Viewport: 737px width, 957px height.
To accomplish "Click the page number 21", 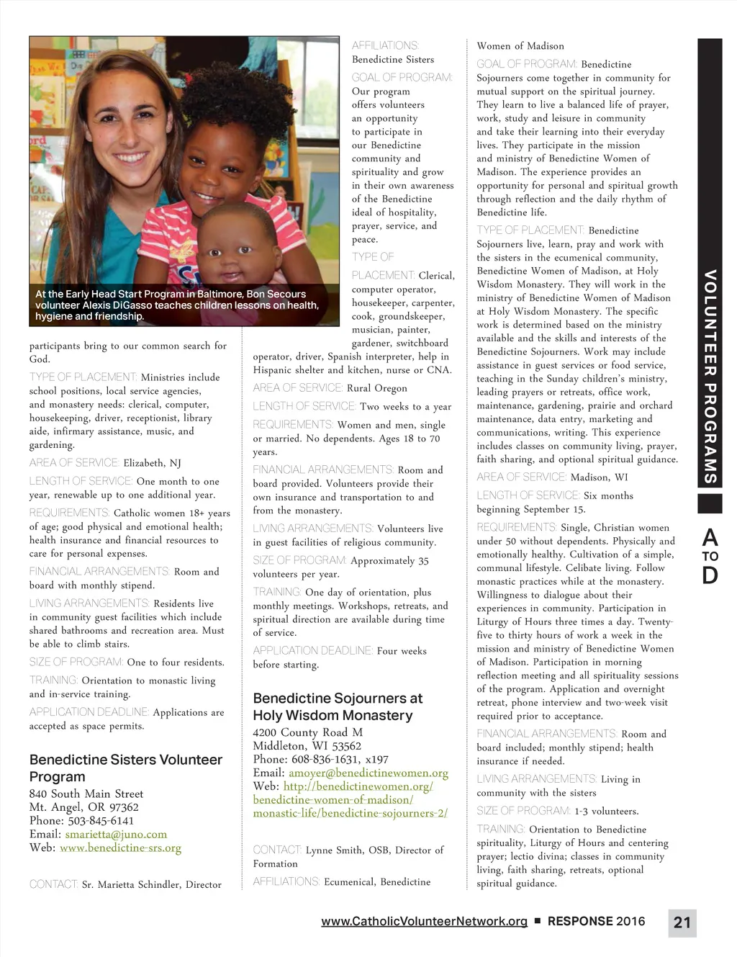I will pyautogui.click(x=682, y=922).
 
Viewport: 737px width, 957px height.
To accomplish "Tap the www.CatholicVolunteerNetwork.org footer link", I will pyautogui.click(x=424, y=921).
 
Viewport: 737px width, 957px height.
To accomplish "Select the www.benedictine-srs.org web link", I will pyautogui.click(x=120, y=848).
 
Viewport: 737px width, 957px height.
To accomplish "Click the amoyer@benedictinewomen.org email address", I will pyautogui.click(x=368, y=773).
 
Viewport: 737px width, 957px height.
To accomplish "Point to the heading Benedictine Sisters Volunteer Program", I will pyautogui.click(x=125, y=768).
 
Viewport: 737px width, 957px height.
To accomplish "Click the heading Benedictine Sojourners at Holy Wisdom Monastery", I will pyautogui.click(x=338, y=706).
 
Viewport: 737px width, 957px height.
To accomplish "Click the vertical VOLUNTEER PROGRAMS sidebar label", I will pyautogui.click(x=710, y=377).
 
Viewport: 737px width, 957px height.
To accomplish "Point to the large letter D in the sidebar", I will pyautogui.click(x=710, y=576).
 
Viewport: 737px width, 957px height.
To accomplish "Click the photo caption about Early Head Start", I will pyautogui.click(x=176, y=305).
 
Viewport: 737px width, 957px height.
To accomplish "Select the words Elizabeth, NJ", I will pyautogui.click(x=152, y=463).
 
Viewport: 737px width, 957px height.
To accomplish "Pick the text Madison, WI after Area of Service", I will pyautogui.click(x=599, y=477).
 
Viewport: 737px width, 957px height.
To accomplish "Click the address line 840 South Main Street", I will pyautogui.click(x=86, y=794).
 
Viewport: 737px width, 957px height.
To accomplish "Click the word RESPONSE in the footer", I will pyautogui.click(x=580, y=921).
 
